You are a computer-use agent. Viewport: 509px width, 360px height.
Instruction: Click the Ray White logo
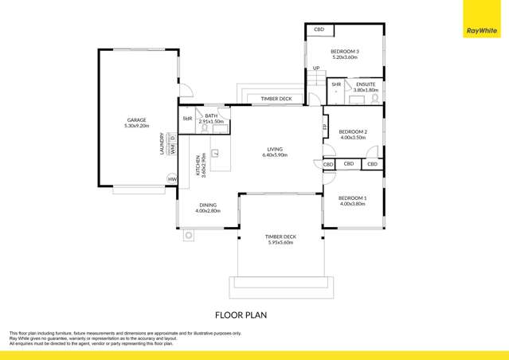pos(483,32)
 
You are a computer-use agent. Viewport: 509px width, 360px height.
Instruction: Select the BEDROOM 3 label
pos(345,52)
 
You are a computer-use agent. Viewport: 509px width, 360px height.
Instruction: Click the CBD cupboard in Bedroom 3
pos(319,29)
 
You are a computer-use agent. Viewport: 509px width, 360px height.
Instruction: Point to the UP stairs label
pos(315,68)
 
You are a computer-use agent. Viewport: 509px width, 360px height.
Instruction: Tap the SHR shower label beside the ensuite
pos(336,84)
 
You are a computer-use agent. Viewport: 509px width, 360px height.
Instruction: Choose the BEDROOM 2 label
pos(352,131)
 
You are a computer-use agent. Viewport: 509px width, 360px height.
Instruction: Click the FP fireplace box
pos(325,127)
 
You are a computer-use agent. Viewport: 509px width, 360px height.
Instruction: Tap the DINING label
pos(207,204)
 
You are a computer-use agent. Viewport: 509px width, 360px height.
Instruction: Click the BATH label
pos(210,116)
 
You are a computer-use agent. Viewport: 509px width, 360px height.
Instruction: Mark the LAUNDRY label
pos(162,144)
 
